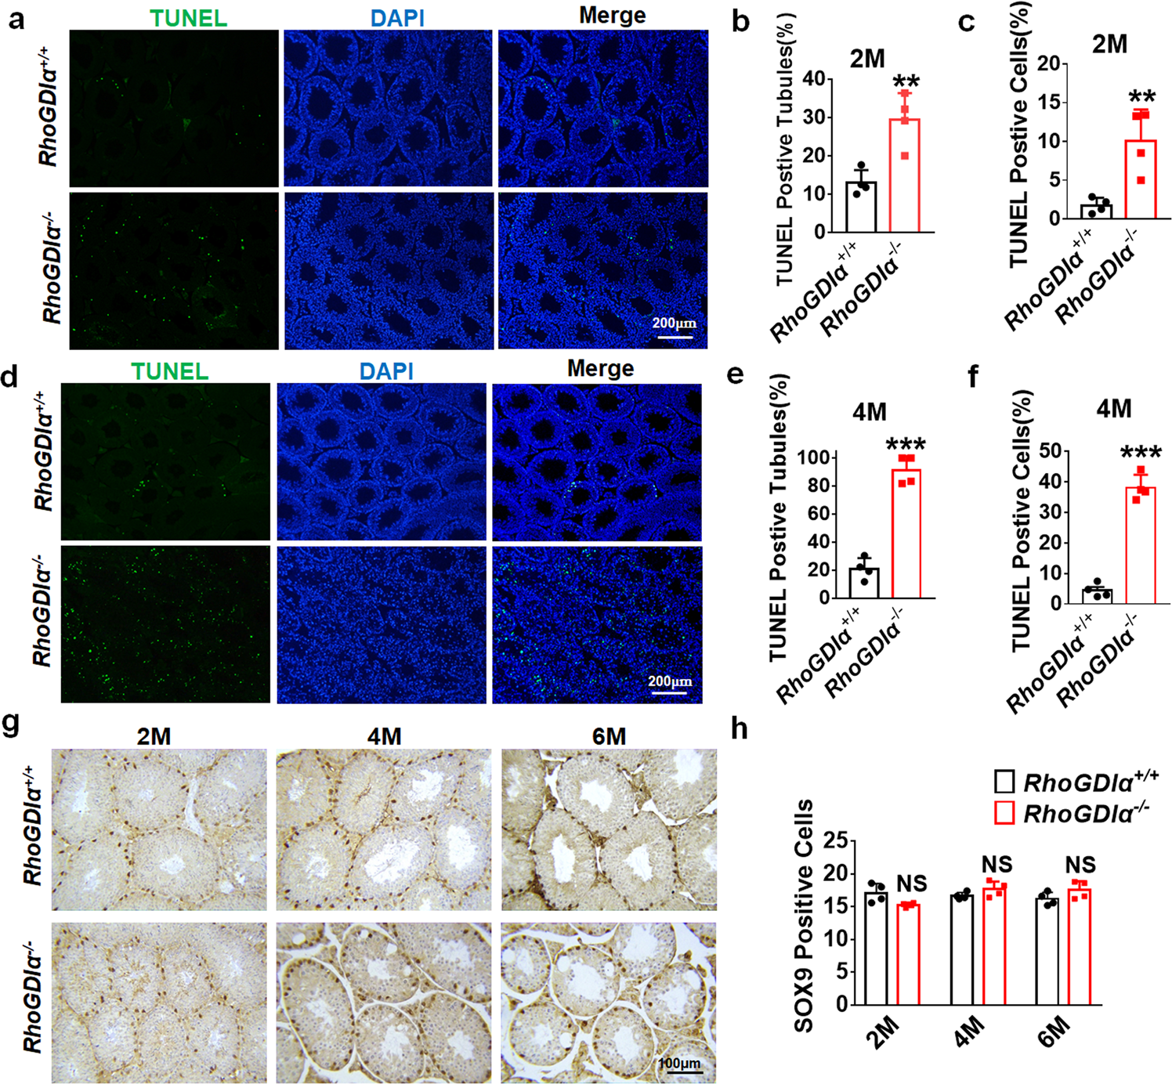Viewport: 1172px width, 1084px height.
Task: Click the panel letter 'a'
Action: click(16, 19)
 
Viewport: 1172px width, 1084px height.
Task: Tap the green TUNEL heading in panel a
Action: click(189, 18)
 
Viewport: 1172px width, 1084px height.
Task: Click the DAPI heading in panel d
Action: click(386, 371)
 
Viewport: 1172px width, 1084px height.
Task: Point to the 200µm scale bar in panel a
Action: click(675, 336)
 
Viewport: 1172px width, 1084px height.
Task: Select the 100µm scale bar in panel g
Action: click(679, 1071)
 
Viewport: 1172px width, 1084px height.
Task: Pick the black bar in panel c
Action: click(1096, 211)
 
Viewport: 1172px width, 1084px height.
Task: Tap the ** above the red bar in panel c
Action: click(1141, 98)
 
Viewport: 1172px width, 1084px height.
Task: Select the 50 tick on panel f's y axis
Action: click(1050, 451)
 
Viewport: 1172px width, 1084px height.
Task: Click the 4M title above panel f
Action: click(1113, 408)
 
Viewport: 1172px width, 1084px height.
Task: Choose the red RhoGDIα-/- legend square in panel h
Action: click(1005, 813)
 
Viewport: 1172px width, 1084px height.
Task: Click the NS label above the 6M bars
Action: click(1080, 865)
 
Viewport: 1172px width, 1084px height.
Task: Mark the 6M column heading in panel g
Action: click(609, 736)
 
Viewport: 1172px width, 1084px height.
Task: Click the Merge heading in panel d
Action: click(600, 369)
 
